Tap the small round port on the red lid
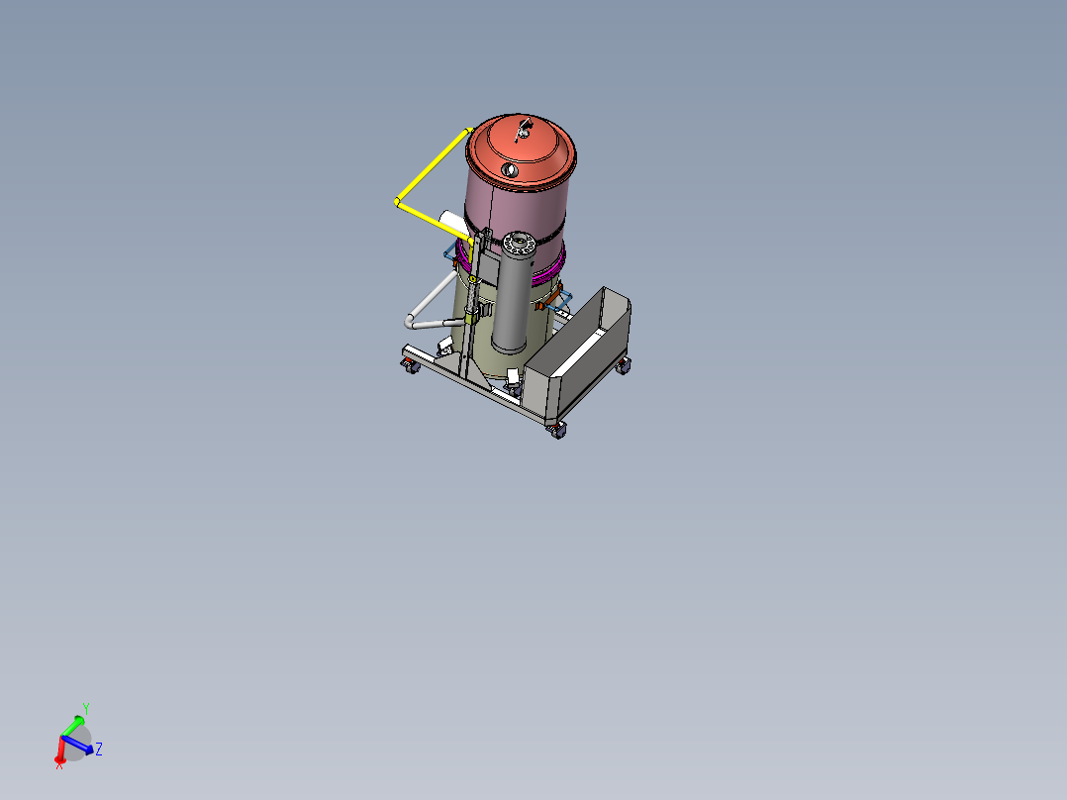coord(510,170)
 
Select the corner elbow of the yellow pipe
coord(398,202)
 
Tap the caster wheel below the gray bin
coord(558,430)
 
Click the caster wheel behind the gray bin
coord(623,366)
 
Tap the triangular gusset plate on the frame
coord(475,371)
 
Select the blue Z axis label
coord(100,750)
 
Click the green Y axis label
coord(86,708)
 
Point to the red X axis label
coord(59,764)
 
